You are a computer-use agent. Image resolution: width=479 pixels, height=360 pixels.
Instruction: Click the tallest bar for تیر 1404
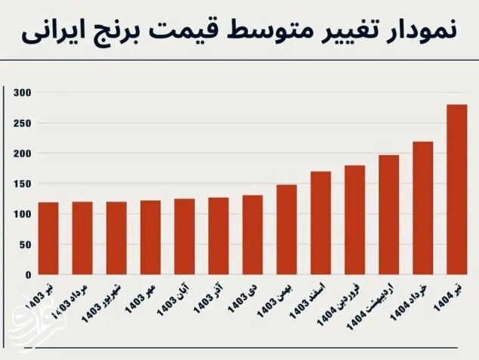pos(456,190)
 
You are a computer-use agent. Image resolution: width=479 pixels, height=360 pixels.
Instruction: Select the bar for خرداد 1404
pos(422,208)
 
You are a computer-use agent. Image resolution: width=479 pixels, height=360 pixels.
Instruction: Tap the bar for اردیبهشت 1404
pos(388,215)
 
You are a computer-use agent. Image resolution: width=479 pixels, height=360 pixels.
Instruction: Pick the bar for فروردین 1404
pos(354,220)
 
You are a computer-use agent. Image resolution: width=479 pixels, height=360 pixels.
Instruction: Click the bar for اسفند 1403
pos(320,223)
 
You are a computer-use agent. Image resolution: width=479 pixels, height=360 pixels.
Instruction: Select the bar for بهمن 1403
pos(286,230)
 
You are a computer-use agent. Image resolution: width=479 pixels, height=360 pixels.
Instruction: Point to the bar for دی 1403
pos(252,235)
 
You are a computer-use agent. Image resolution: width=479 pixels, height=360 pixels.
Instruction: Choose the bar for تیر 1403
pos(48,238)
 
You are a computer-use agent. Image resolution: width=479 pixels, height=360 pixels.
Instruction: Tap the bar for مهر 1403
pos(150,237)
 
